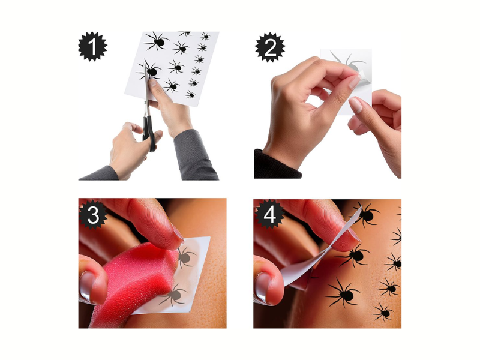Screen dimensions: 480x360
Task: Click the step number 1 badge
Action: (92, 47)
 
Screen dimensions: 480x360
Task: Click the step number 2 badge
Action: (269, 47)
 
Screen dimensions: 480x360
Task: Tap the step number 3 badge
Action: (93, 215)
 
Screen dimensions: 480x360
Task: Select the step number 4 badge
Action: (269, 214)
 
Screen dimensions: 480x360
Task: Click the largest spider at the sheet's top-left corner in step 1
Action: (156, 41)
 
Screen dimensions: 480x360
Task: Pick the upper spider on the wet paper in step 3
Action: (185, 257)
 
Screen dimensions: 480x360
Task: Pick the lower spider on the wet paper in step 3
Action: (174, 295)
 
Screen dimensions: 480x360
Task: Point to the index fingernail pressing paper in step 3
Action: (178, 232)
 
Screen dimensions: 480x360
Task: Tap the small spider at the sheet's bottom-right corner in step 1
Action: (190, 95)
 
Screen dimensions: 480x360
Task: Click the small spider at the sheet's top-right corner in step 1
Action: (205, 37)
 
